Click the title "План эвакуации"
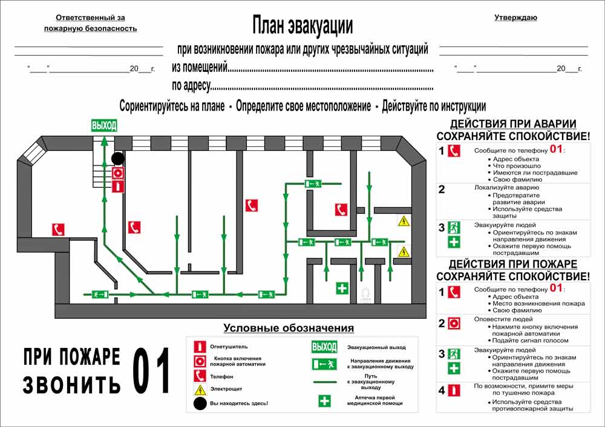click(302, 26)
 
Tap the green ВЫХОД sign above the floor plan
click(104, 126)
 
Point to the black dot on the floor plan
click(118, 158)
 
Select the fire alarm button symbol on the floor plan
click(118, 173)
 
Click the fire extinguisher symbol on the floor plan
click(118, 187)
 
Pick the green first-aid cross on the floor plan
click(342, 288)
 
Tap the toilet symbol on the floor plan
click(365, 296)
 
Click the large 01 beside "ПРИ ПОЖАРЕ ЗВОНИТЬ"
click(151, 370)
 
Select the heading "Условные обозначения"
click(289, 328)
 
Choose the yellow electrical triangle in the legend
click(200, 390)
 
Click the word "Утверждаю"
click(515, 18)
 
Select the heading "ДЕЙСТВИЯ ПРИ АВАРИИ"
click(513, 124)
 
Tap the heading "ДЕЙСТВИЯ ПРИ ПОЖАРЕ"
click(513, 264)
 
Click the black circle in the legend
click(200, 403)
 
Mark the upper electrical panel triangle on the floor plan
click(404, 221)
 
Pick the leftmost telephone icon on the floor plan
click(58, 230)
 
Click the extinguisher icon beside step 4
click(454, 390)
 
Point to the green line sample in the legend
click(325, 382)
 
